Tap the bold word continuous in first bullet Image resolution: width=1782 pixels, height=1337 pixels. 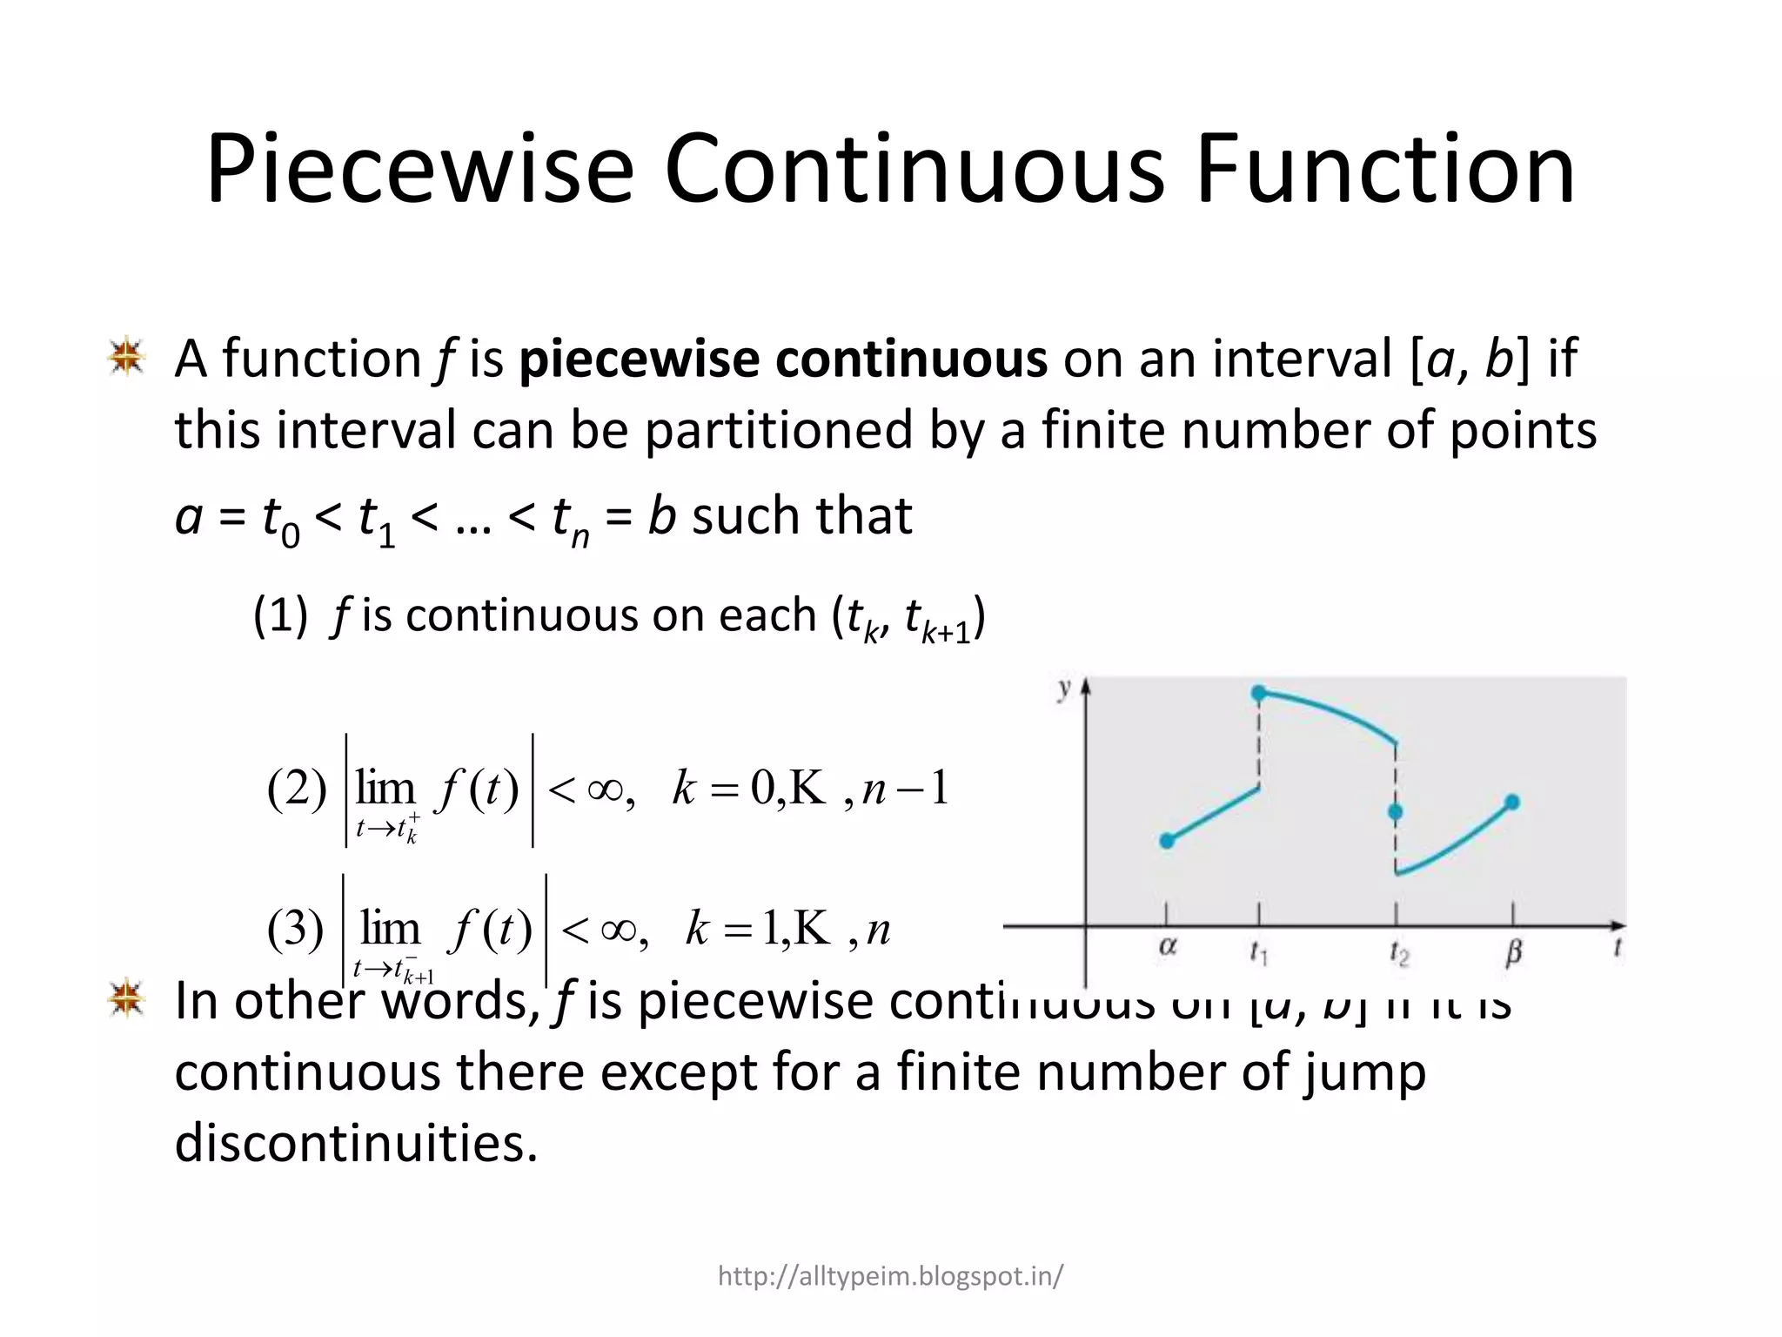[x=911, y=359]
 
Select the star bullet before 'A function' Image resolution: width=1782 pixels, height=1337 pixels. [x=126, y=357]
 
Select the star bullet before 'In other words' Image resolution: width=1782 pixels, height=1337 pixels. [x=126, y=998]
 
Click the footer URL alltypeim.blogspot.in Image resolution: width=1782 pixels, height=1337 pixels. [x=890, y=1276]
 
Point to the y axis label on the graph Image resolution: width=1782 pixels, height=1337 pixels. [x=1063, y=689]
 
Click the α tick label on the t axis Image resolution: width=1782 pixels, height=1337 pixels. [x=1168, y=948]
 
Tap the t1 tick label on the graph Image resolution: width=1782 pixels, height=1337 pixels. [x=1259, y=954]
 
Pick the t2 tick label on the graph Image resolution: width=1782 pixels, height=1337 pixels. [x=1398, y=954]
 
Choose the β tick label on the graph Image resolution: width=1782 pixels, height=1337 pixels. [x=1513, y=953]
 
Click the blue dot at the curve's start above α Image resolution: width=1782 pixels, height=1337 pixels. [x=1167, y=841]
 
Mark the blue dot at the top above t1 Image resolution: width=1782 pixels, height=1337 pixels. [x=1258, y=693]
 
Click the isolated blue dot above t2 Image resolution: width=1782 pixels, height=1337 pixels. [x=1396, y=812]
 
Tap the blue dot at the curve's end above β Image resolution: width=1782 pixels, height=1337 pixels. [x=1512, y=802]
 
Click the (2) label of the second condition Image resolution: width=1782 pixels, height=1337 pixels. [x=297, y=789]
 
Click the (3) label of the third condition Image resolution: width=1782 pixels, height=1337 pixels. [x=296, y=930]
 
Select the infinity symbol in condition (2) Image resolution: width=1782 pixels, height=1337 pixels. [x=605, y=789]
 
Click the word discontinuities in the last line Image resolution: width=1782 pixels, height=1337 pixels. [x=357, y=1142]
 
